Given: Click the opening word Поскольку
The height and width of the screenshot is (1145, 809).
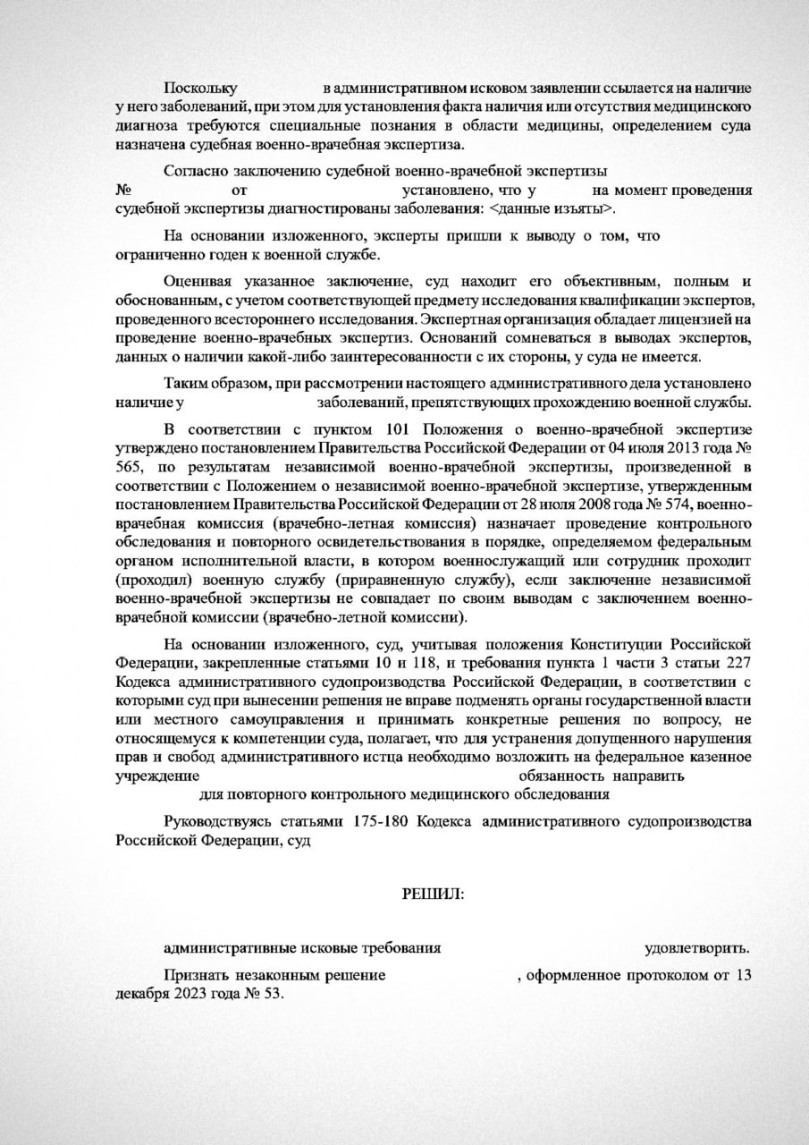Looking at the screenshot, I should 199,89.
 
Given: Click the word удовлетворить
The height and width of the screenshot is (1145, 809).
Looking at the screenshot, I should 697,948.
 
